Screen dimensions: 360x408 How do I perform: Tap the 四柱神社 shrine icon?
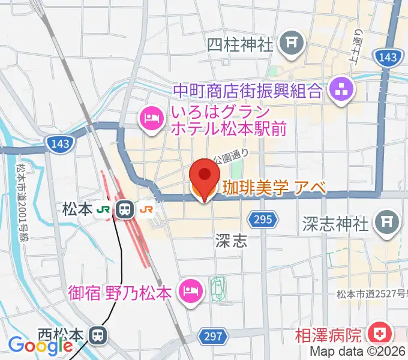[x=293, y=43]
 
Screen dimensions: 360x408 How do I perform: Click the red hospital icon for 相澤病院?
[x=379, y=334]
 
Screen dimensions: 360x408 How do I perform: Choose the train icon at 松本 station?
[x=125, y=209]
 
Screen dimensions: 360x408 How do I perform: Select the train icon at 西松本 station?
[x=98, y=334]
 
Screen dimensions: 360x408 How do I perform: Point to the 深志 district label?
[x=231, y=241]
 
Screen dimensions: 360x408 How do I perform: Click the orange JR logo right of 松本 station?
[x=146, y=209]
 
